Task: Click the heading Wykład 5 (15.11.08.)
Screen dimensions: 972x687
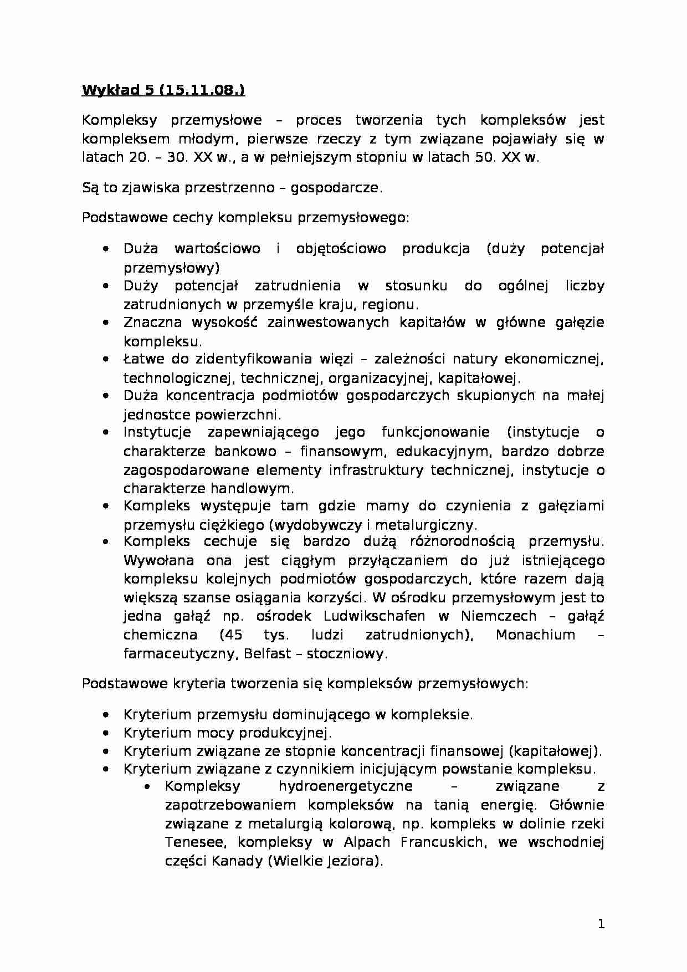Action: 163,90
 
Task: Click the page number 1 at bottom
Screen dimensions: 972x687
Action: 601,924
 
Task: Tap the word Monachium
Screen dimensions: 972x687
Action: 535,635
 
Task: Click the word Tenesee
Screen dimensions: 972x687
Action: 192,843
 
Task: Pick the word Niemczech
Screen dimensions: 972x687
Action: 498,616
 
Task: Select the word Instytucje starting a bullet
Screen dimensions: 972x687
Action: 157,432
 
